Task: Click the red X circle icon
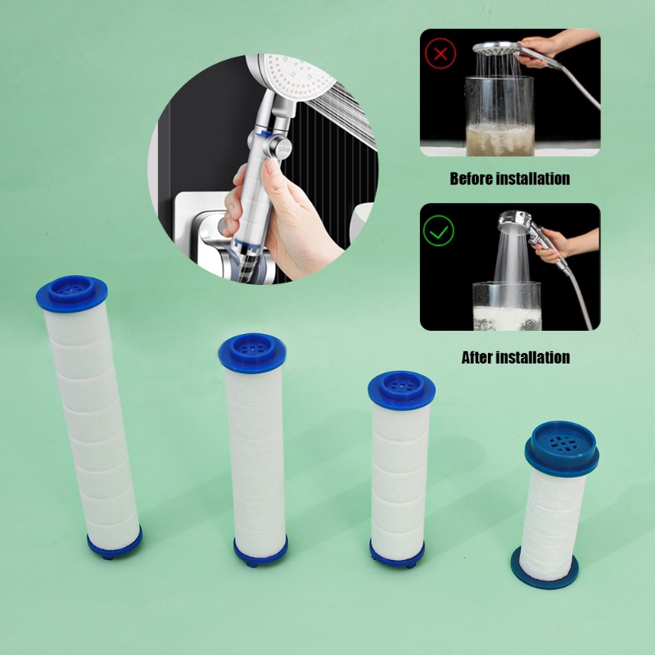point(440,53)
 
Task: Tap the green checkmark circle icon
point(438,231)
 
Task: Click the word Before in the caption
point(472,178)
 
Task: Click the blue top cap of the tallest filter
point(72,293)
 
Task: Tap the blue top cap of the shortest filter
point(562,449)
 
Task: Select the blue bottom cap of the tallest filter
point(115,544)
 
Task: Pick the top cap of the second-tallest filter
point(252,353)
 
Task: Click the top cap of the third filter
point(401,391)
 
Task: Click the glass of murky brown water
point(499,115)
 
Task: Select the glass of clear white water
point(507,305)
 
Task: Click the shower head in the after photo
point(515,220)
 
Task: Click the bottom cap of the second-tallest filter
point(260,551)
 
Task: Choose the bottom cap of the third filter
point(397,553)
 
